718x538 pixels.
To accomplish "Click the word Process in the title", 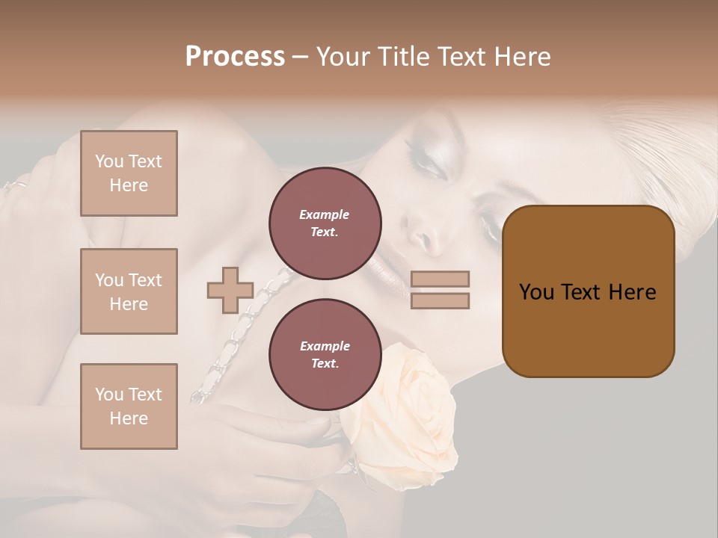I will (x=235, y=57).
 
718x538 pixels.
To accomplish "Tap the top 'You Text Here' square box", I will (x=129, y=173).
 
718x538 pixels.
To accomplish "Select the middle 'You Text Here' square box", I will (x=129, y=291).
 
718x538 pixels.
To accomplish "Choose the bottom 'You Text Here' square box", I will (x=129, y=406).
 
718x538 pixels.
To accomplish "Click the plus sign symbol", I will (x=230, y=290).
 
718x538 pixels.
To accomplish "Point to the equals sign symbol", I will (x=441, y=290).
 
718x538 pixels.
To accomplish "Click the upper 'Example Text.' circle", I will (x=325, y=223).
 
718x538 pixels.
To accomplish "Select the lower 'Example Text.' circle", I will (x=325, y=355).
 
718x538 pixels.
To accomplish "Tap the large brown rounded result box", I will (x=588, y=291).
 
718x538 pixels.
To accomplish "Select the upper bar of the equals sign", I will (x=441, y=279).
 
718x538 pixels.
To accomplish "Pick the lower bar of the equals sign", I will (x=441, y=300).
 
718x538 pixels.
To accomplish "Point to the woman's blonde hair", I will (x=658, y=134).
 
